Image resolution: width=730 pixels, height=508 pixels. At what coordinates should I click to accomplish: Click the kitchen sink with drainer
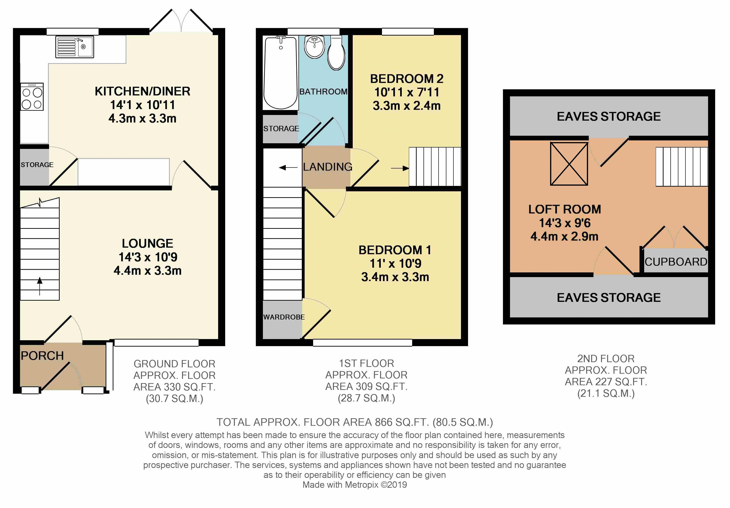pyautogui.click(x=75, y=47)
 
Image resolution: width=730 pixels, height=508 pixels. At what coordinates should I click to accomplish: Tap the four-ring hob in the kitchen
pyautogui.click(x=32, y=97)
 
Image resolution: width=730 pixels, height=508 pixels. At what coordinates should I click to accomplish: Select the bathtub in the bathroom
pyautogui.click(x=280, y=72)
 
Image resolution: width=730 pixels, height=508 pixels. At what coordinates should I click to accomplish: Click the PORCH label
pyautogui.click(x=42, y=356)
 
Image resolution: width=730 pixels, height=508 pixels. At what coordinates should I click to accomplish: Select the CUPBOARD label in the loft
pyautogui.click(x=676, y=262)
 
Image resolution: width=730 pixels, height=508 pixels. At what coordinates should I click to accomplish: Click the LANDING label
pyautogui.click(x=328, y=167)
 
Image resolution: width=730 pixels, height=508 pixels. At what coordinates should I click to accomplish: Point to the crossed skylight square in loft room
pyautogui.click(x=569, y=164)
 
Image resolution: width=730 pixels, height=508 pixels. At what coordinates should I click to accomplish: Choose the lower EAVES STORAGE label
pyautogui.click(x=609, y=298)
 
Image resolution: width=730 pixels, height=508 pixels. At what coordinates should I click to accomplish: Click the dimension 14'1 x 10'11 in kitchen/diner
pyautogui.click(x=142, y=105)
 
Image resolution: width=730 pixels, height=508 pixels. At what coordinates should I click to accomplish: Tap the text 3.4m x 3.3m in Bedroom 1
pyautogui.click(x=395, y=277)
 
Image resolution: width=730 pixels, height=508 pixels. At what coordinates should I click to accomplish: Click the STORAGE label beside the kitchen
pyautogui.click(x=37, y=164)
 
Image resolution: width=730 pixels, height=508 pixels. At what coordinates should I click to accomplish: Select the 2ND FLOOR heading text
pyautogui.click(x=606, y=358)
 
